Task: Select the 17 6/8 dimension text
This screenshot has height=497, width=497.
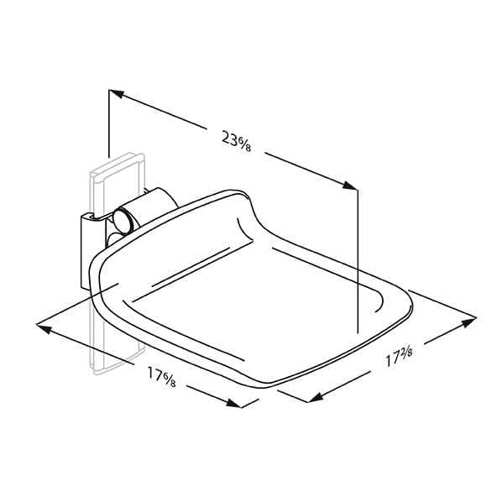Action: [161, 377]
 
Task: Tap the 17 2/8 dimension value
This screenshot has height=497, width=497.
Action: [399, 356]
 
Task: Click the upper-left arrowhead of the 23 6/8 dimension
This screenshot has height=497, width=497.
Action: [116, 94]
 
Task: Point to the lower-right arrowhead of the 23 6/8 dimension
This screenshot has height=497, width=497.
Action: [350, 186]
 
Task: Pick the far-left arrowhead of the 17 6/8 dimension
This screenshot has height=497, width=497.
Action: [44, 329]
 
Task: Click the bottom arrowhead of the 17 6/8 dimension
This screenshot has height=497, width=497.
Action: [234, 403]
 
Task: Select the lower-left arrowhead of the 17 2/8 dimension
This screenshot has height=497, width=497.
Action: [316, 397]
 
